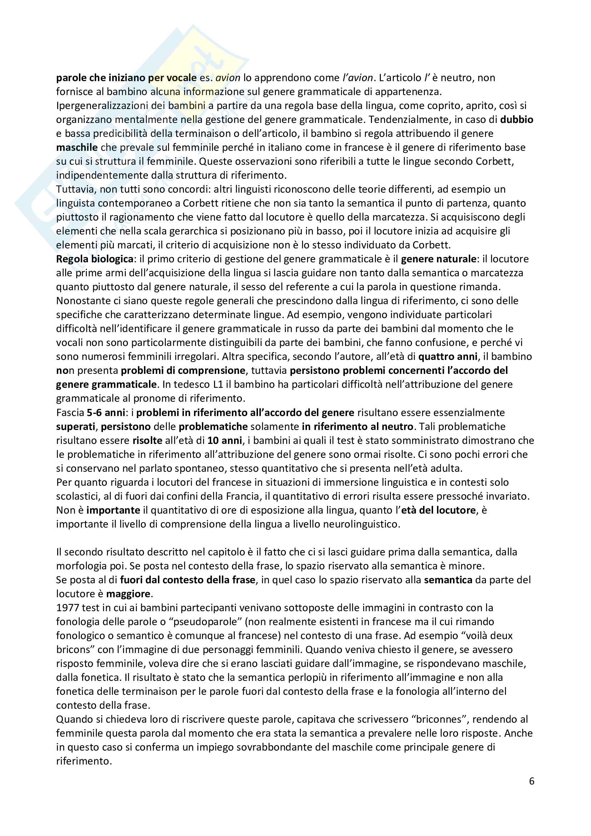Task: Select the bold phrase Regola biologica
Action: pyautogui.click(x=95, y=259)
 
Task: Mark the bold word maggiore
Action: pyautogui.click(x=128, y=594)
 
